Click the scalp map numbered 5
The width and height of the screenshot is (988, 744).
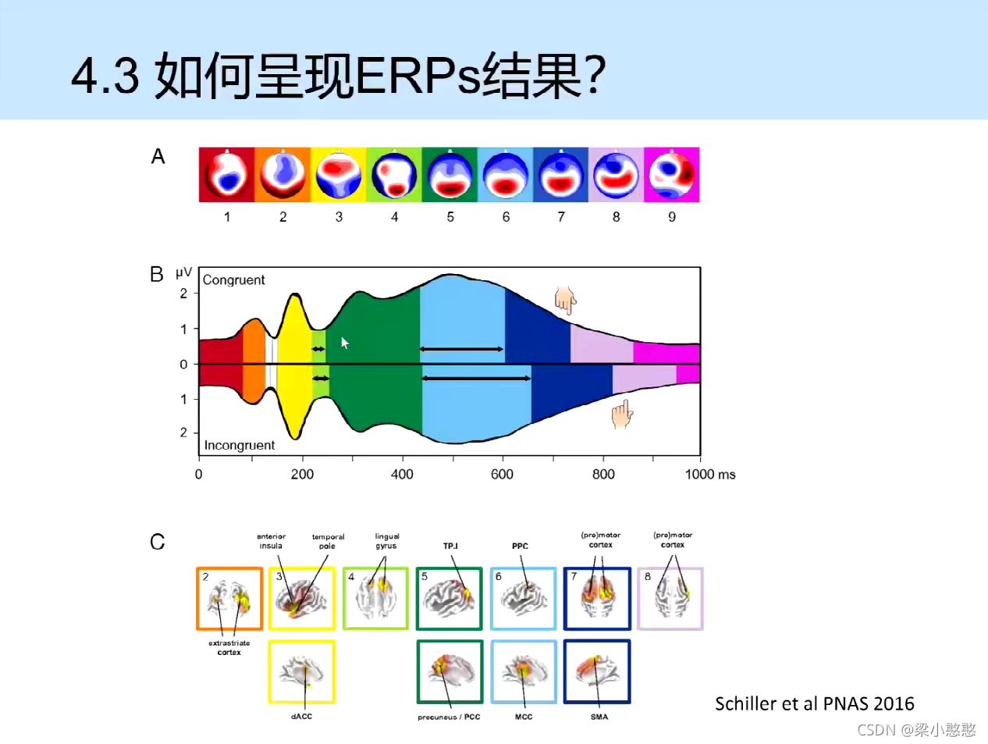450,174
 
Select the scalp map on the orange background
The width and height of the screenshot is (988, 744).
283,174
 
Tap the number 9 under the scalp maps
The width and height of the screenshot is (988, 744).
672,217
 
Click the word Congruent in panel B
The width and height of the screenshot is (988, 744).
233,279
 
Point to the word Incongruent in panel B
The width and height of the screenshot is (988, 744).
239,445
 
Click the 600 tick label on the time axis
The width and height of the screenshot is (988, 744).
502,474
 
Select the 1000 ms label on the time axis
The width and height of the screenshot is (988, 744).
709,474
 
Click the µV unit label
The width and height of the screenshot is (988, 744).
183,272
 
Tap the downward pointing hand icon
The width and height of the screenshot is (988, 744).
565,300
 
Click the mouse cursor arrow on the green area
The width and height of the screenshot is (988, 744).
344,342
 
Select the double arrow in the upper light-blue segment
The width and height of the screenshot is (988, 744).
461,349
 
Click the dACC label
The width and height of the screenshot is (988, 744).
301,716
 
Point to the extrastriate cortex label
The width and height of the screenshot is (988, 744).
229,648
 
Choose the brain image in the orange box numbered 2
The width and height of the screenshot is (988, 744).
229,599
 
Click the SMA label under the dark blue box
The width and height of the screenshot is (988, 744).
599,716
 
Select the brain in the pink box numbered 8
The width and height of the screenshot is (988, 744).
670,599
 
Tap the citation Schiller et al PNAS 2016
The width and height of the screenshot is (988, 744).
814,703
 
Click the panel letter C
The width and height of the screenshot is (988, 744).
158,542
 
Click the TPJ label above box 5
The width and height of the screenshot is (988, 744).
450,546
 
